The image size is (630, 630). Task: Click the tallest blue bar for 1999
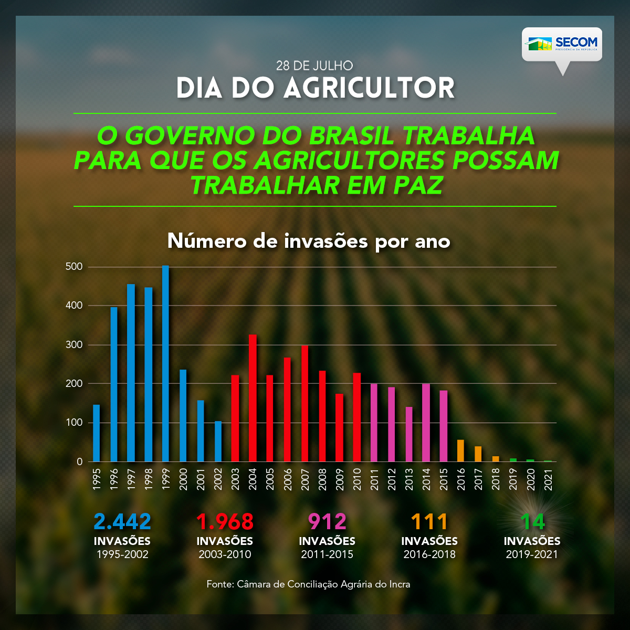pos(165,363)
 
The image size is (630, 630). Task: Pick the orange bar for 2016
pos(460,451)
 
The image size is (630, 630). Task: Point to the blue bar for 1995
pos(96,433)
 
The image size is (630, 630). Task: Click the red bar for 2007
pos(304,403)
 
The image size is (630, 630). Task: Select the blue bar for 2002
pos(218,442)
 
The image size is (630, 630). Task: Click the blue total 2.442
pos(122,521)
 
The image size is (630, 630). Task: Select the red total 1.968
pos(225,521)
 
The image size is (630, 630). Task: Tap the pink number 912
pos(327,521)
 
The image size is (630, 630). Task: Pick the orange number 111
pos(429,521)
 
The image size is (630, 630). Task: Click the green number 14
pos(532,521)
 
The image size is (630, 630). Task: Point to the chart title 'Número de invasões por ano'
pos(309,241)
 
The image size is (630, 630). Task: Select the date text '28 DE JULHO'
pos(314,66)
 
